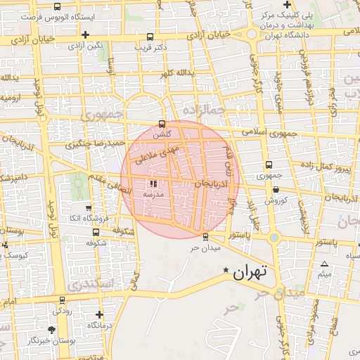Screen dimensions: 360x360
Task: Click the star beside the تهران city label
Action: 226,271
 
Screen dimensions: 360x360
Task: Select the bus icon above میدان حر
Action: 205,237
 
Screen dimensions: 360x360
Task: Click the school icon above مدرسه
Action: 154,184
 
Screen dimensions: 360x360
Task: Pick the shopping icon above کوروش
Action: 276,190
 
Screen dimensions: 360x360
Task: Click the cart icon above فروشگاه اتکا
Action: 88,208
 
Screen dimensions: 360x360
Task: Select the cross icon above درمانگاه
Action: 99,315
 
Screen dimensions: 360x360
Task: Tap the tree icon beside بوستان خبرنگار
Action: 51,329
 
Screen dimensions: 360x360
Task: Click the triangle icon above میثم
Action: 324,264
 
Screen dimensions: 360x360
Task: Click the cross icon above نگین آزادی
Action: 85,34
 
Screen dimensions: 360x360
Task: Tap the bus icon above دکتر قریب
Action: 149,37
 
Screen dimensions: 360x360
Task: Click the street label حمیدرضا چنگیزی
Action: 95,144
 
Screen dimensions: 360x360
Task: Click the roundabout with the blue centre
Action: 274,237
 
